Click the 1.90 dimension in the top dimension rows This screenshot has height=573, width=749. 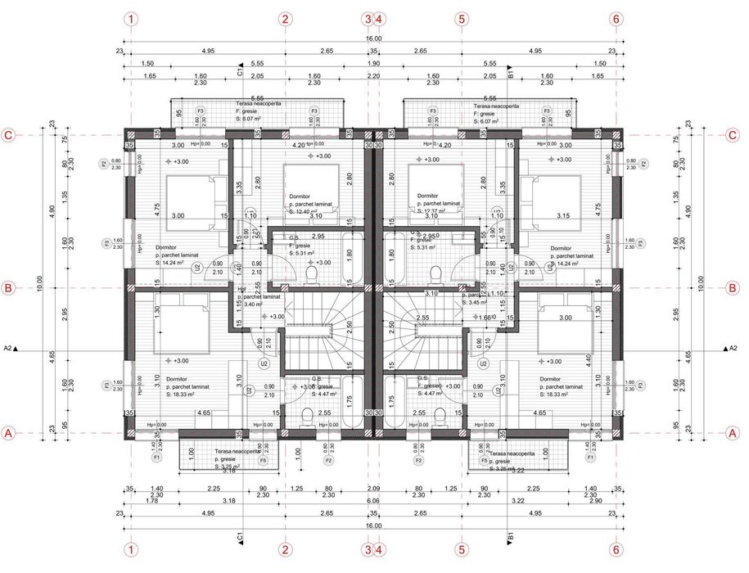pyautogui.click(x=373, y=63)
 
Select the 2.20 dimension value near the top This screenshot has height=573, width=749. pyautogui.click(x=373, y=75)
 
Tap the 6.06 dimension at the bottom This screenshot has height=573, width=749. pyautogui.click(x=373, y=500)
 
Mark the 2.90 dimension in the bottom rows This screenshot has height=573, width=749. pyautogui.click(x=596, y=500)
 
